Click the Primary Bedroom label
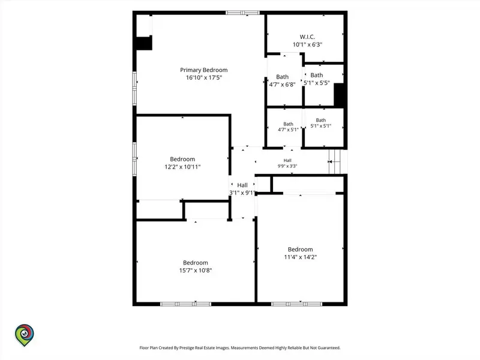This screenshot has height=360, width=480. [x=203, y=70]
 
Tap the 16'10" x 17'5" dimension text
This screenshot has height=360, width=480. [x=204, y=78]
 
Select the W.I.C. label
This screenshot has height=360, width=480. [x=307, y=37]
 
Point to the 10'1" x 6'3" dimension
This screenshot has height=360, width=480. [x=307, y=44]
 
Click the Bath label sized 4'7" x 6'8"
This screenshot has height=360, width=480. [x=282, y=77]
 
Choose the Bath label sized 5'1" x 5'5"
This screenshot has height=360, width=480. [x=317, y=75]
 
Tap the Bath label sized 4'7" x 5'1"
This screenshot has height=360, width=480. [x=288, y=124]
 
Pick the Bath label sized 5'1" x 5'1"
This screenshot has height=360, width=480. [x=321, y=121]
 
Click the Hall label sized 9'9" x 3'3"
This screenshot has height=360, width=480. [x=287, y=160]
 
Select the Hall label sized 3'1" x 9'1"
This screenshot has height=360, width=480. [x=242, y=185]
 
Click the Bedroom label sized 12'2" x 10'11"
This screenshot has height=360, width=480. [x=182, y=159]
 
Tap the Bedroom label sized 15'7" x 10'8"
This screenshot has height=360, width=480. [x=196, y=263]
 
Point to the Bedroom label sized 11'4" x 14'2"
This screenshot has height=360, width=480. [x=301, y=250]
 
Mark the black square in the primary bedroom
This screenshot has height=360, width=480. [x=144, y=43]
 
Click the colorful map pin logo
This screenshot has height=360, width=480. [x=25, y=335]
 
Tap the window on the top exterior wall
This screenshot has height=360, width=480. [x=242, y=13]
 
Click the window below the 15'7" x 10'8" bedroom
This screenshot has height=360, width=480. [x=186, y=304]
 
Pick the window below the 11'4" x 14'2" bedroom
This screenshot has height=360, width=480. [x=296, y=304]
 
